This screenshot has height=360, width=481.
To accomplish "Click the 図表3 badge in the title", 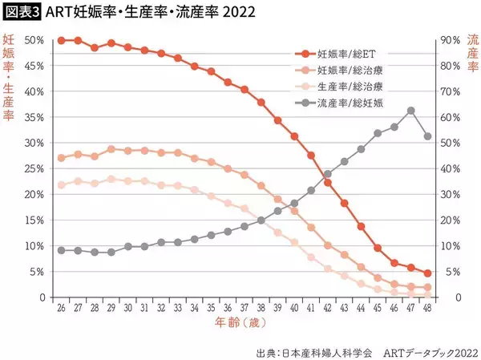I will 25,12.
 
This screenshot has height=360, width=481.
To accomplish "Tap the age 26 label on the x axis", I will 61,307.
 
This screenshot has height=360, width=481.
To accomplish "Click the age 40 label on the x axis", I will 294,307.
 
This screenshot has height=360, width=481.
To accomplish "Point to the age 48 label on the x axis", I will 427,307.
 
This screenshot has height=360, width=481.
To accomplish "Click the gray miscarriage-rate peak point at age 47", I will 410,111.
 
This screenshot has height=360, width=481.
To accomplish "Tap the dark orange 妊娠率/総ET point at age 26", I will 61,40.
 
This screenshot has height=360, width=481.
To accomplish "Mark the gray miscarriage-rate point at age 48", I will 427,137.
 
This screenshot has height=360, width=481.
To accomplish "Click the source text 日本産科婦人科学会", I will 311,350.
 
